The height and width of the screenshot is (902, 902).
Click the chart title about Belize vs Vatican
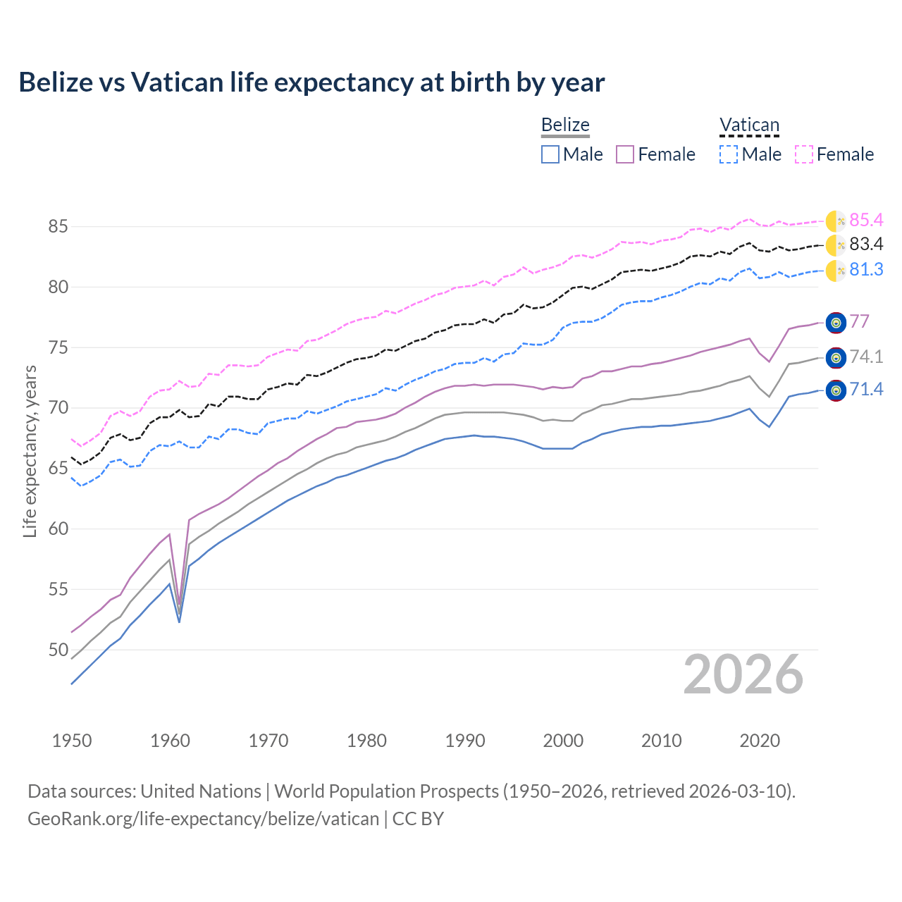coord(311,82)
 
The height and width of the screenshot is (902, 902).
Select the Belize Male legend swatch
coord(550,154)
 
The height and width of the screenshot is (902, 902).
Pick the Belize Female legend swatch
coord(625,154)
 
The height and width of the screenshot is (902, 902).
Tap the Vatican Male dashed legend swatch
coord(729,154)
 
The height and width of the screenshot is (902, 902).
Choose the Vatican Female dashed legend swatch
coord(804,154)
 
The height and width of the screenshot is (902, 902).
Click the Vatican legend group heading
coord(749,125)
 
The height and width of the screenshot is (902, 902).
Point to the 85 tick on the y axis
coord(58,227)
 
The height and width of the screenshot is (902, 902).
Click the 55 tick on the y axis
coord(58,589)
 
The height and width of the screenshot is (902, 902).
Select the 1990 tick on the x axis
coord(465,741)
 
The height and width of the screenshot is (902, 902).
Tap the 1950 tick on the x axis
coord(72,741)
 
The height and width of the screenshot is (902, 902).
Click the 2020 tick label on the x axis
coord(760,741)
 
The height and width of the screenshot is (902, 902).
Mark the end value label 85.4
coord(866,221)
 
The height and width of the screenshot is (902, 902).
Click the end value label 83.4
coord(866,245)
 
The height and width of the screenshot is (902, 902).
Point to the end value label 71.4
coord(866,390)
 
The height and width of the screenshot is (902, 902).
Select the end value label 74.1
coord(866,357)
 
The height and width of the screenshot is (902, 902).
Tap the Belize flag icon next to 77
coord(836,323)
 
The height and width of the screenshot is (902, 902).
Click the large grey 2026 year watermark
coord(743,674)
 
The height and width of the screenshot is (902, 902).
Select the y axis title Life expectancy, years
coord(30,451)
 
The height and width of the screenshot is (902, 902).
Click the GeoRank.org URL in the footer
coord(203,819)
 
